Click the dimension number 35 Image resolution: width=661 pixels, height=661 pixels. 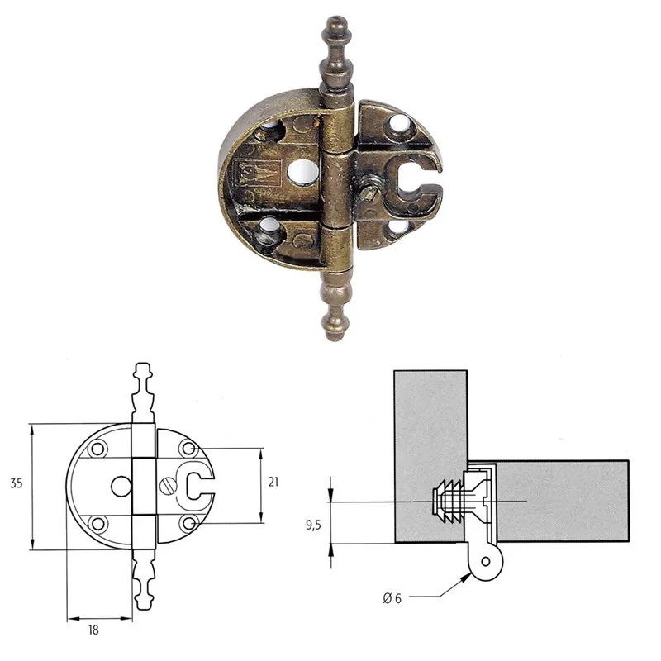point(16,485)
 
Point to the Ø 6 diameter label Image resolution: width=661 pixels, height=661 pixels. point(392,598)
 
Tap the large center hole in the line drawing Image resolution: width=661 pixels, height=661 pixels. point(121,486)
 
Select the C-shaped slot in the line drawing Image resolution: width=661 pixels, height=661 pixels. point(198,486)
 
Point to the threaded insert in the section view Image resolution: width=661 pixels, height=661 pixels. point(447,502)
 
